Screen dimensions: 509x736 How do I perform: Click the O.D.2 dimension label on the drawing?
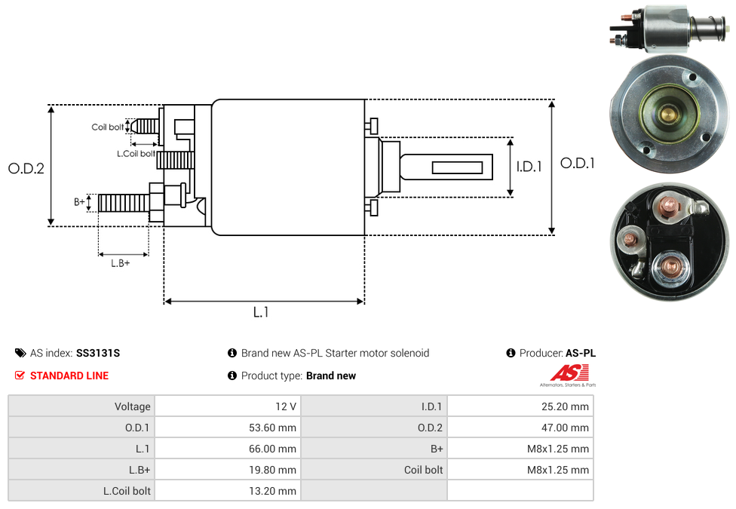coord(26,169)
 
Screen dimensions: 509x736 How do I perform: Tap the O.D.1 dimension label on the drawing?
coord(578,162)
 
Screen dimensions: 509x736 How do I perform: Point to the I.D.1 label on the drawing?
coord(529,167)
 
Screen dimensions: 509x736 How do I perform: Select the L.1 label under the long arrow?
coord(261,311)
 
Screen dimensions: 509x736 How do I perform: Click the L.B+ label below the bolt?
coord(121,263)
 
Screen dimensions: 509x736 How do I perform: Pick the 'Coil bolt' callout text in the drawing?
coord(107,127)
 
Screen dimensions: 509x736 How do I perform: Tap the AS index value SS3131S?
coord(98,353)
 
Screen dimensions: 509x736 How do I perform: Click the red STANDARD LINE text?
coord(69,376)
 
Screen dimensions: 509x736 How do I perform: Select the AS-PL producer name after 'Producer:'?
coord(580,353)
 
